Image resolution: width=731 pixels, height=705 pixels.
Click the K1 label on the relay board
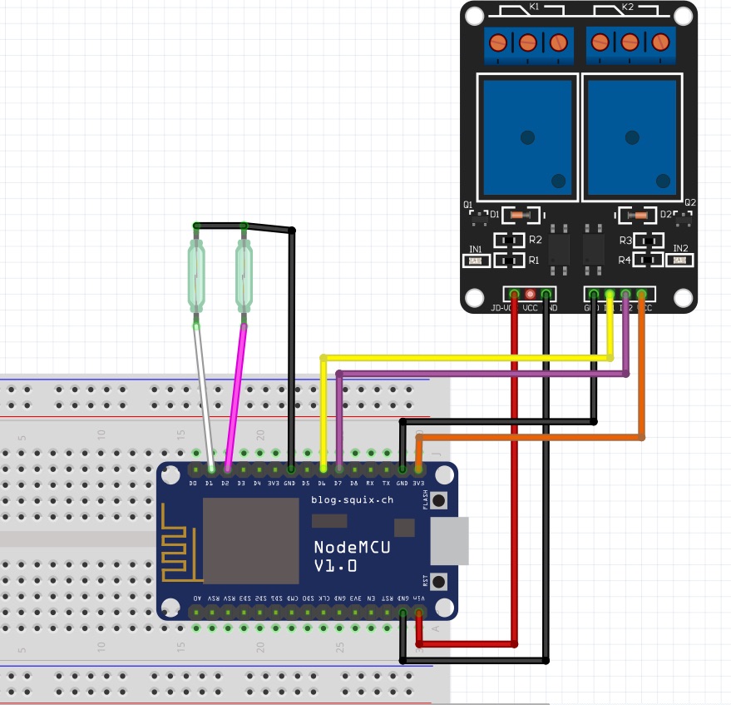coord(534,7)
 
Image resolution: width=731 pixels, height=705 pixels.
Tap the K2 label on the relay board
coord(627,7)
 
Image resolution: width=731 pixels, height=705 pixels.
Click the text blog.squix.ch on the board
coord(352,500)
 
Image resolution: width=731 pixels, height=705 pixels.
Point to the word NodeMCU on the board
coord(349,547)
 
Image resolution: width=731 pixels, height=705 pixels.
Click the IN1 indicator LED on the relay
coord(476,261)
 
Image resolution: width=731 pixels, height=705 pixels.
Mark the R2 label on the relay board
coord(535,241)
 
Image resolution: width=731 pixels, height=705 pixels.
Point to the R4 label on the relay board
coord(625,261)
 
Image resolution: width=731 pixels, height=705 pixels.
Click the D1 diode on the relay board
coord(518,215)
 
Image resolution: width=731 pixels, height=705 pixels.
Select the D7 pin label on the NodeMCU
coord(338,483)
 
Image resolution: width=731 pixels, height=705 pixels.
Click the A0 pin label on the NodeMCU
coord(197,598)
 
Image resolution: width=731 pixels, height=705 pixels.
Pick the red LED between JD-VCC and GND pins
coord(531,294)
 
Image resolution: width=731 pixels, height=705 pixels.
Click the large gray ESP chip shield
coord(250,541)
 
